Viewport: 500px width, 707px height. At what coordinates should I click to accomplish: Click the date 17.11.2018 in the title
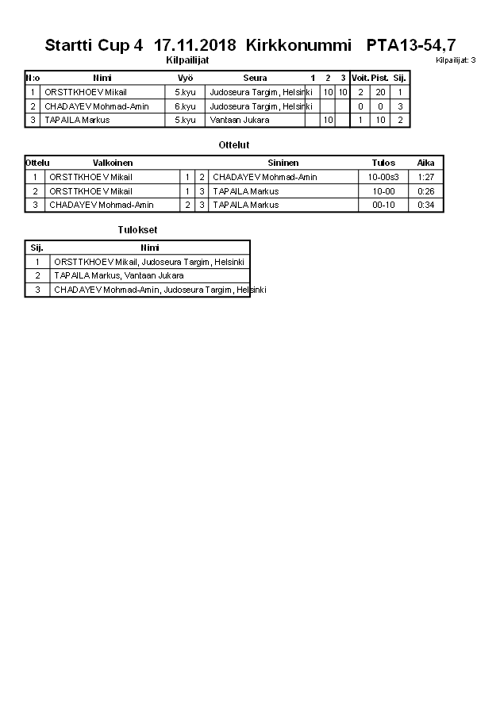point(195,45)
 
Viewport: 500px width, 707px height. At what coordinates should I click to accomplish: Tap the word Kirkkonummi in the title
point(298,45)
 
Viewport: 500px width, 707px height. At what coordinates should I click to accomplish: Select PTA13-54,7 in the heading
point(411,45)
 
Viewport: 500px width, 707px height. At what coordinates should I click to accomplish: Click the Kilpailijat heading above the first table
point(187,60)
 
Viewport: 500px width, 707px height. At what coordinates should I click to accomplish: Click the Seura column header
point(255,78)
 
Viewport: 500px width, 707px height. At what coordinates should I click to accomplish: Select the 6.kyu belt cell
point(185,106)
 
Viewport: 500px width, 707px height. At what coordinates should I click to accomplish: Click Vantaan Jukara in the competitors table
point(239,120)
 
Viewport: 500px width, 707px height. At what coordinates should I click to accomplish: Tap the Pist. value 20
point(380,92)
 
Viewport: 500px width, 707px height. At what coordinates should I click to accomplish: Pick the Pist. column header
point(380,78)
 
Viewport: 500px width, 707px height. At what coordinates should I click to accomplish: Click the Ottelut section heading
point(234,145)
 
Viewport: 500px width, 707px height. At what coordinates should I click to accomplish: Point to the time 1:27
point(425,177)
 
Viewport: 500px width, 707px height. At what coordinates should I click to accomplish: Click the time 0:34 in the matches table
point(425,205)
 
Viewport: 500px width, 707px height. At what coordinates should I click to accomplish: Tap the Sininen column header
point(283,163)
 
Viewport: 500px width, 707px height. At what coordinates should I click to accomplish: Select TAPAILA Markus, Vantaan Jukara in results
point(119,275)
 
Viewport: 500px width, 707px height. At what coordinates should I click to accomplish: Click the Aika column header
point(425,163)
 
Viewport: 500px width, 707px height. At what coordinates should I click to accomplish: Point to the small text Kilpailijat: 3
point(456,60)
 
